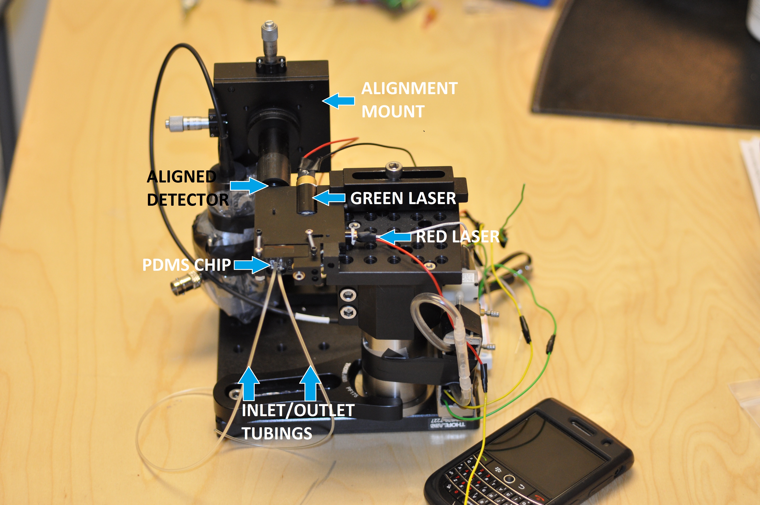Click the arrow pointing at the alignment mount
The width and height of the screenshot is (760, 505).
tap(338, 101)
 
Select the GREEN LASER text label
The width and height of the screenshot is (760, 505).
tap(403, 198)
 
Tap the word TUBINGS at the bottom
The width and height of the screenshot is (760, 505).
tap(277, 433)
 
